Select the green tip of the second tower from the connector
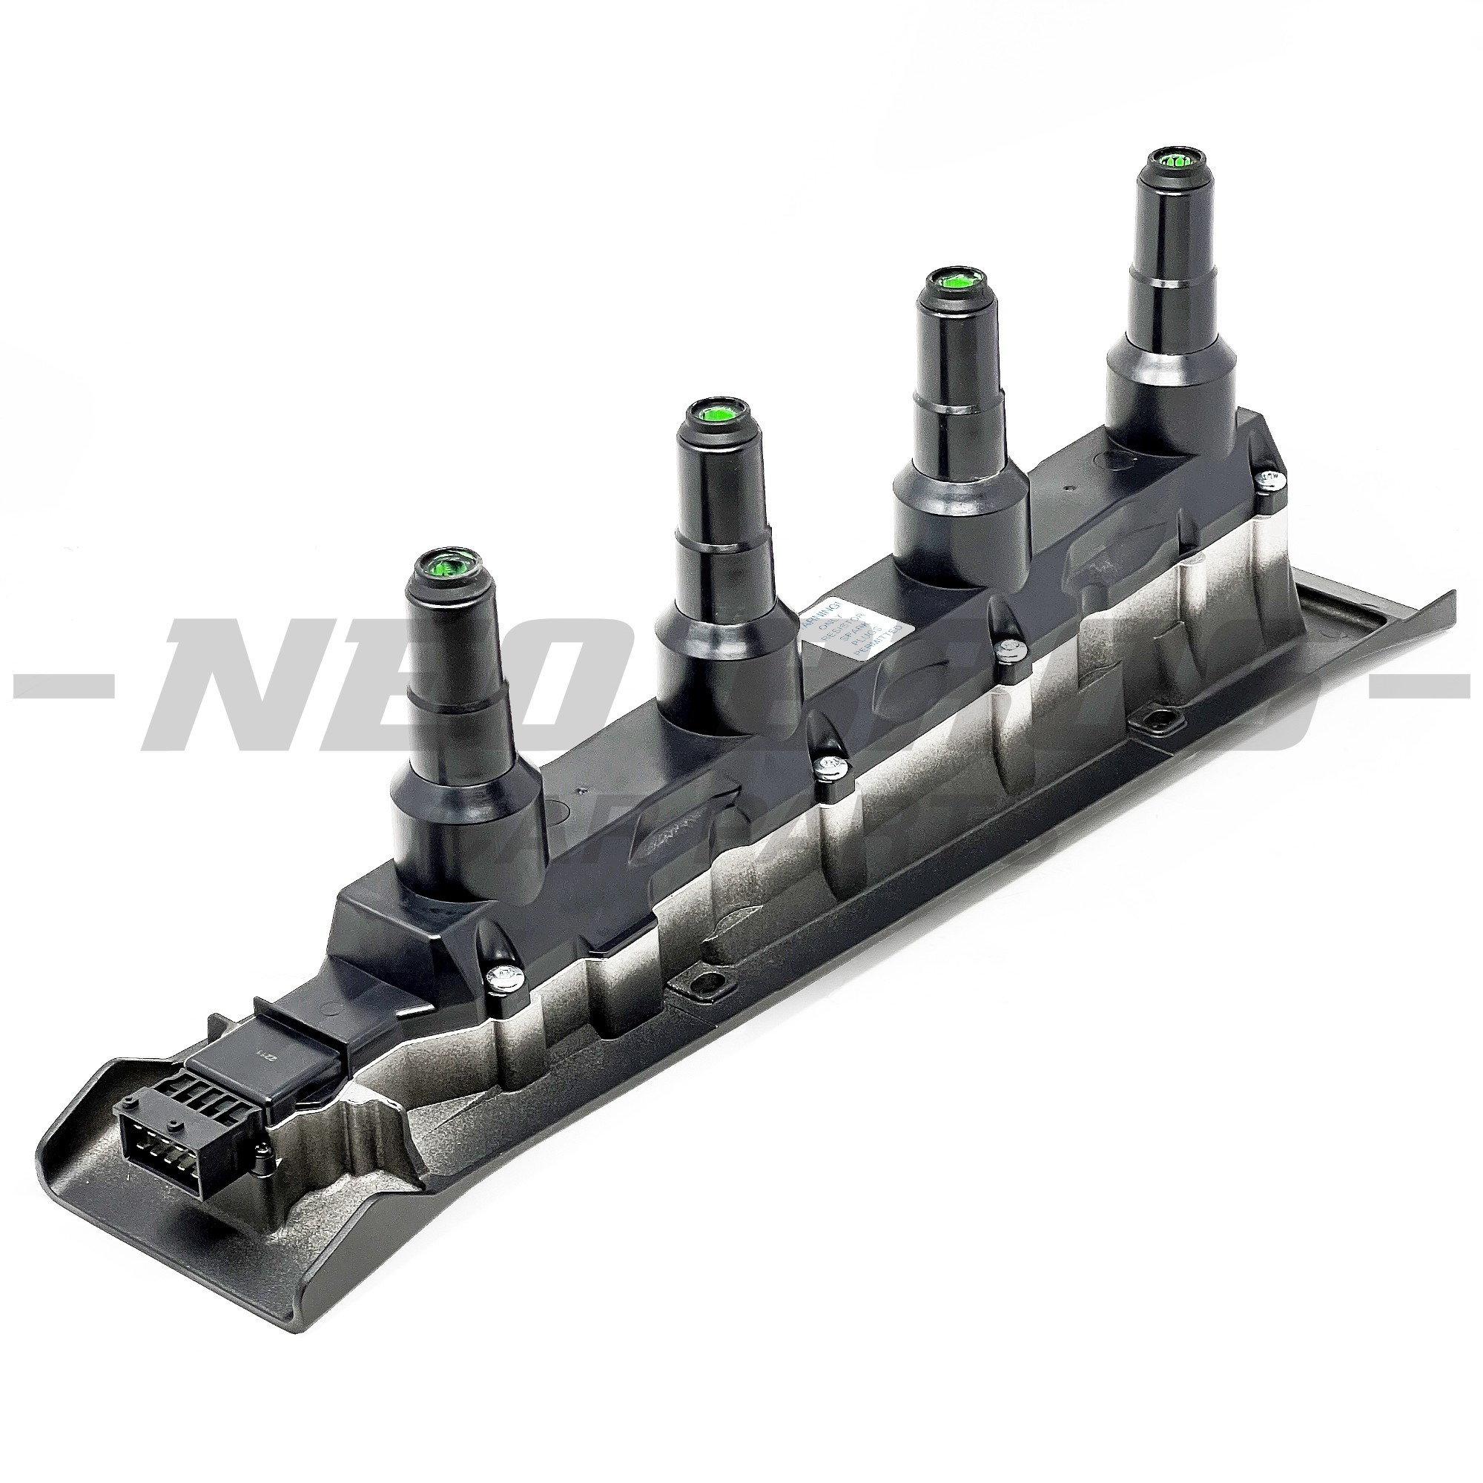(715, 415)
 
